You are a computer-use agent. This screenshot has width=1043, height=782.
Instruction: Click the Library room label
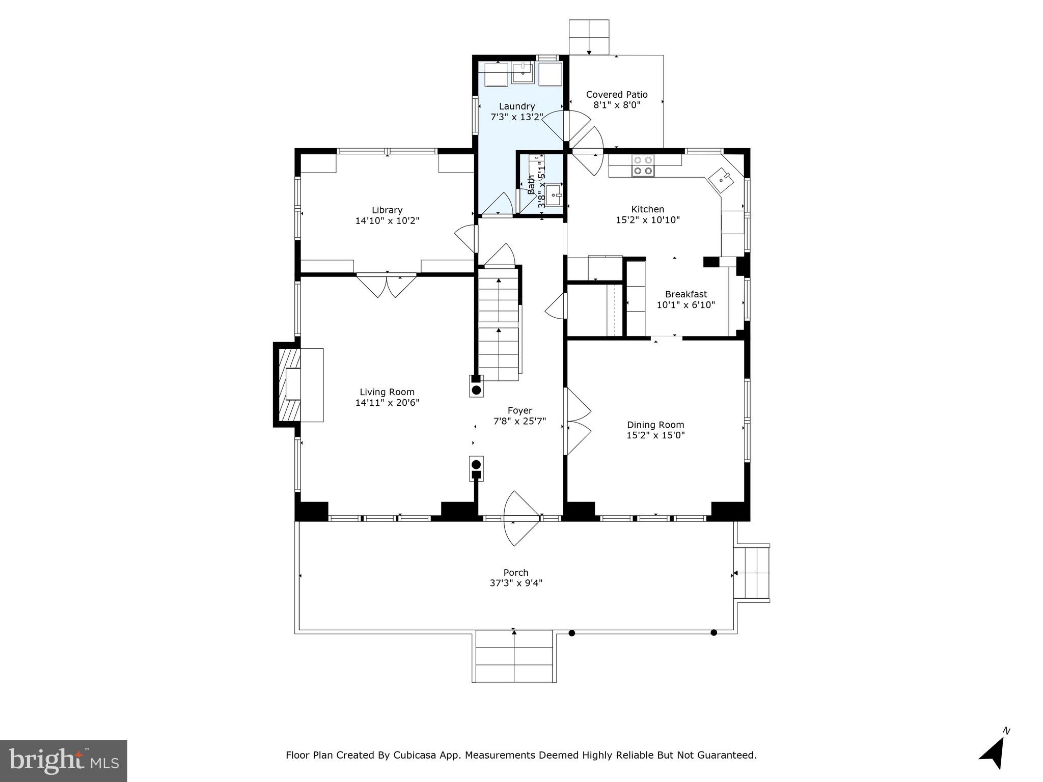pos(387,210)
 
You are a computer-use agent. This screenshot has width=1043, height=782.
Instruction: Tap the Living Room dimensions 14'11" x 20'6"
pos(387,403)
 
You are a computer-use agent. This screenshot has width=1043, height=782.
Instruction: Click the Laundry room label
pos(516,106)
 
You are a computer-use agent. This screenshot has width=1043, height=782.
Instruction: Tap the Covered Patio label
pos(616,95)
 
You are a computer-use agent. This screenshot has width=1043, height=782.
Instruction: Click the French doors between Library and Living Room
pos(387,285)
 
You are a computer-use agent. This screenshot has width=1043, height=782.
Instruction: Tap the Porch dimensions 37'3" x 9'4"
pos(516,583)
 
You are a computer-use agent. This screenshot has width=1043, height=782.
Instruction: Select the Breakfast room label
pos(685,294)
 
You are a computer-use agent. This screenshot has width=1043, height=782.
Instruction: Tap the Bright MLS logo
pos(63,761)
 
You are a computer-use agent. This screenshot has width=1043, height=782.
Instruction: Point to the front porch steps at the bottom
pos(514,657)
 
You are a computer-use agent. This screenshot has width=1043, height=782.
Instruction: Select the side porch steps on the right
pos(751,574)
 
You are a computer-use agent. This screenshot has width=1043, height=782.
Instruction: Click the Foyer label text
pos(519,410)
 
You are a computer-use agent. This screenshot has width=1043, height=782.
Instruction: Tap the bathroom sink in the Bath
pos(554,195)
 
